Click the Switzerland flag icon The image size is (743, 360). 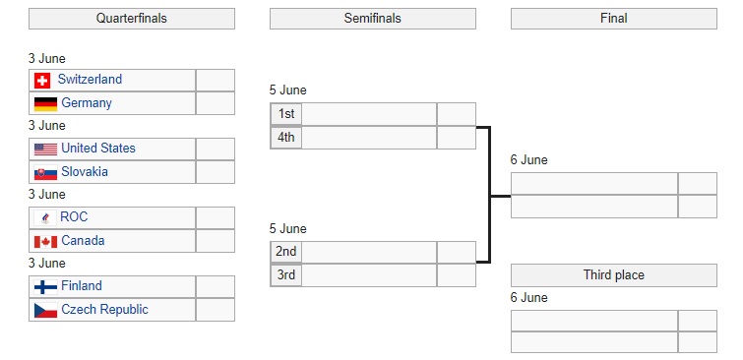click(x=42, y=81)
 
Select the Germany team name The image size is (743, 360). click(x=87, y=103)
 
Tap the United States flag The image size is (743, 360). click(x=45, y=150)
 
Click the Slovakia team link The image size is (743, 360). click(x=85, y=171)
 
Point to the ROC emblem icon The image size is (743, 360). click(x=45, y=218)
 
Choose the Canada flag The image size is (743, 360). click(x=45, y=242)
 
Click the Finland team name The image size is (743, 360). click(x=82, y=285)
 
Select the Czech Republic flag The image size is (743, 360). click(x=45, y=310)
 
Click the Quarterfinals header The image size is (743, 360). click(x=132, y=19)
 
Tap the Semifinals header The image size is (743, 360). click(x=373, y=19)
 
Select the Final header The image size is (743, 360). click(x=614, y=19)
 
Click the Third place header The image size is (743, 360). click(x=614, y=275)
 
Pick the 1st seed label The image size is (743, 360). click(x=286, y=114)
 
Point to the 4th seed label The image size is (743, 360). click(x=286, y=138)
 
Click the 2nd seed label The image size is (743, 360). click(x=286, y=252)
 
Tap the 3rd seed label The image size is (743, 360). click(x=286, y=274)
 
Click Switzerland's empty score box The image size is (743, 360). click(x=216, y=80)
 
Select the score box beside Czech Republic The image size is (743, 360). click(x=216, y=310)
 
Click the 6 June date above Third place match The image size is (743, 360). click(x=528, y=297)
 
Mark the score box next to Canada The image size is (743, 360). click(x=216, y=241)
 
